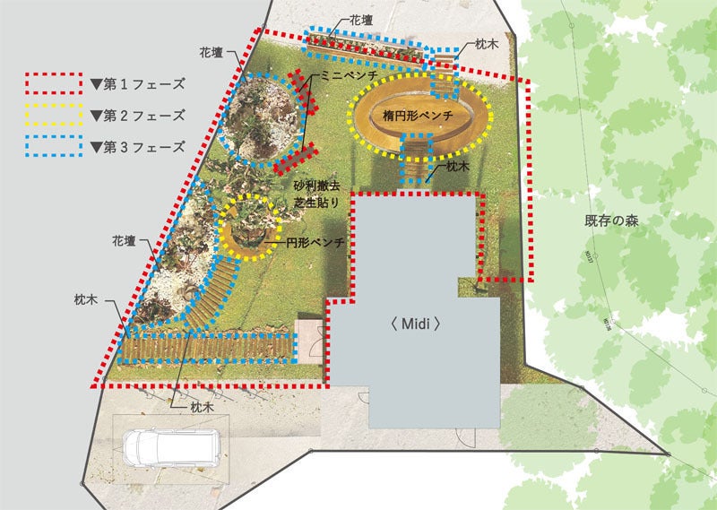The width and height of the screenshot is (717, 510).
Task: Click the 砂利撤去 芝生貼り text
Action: (x=316, y=194)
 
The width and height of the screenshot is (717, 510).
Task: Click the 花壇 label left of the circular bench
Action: (x=124, y=240)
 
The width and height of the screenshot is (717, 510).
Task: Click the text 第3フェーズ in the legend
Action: (x=139, y=146)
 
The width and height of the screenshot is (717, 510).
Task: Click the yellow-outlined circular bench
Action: (x=245, y=229)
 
